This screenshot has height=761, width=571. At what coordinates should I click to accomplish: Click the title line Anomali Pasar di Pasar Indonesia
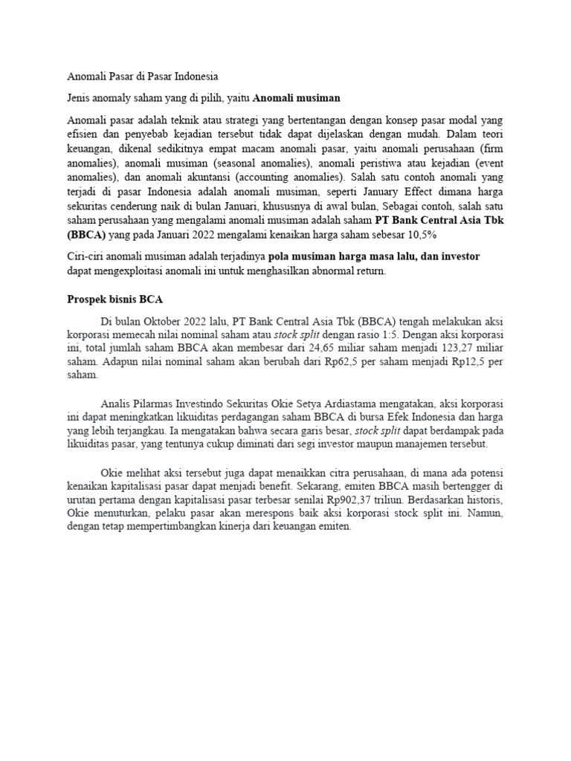[142, 77]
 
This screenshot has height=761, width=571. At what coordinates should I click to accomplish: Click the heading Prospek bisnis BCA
[111, 299]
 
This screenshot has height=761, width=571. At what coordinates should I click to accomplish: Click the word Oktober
[156, 320]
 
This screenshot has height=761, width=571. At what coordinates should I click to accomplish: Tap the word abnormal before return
[329, 271]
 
